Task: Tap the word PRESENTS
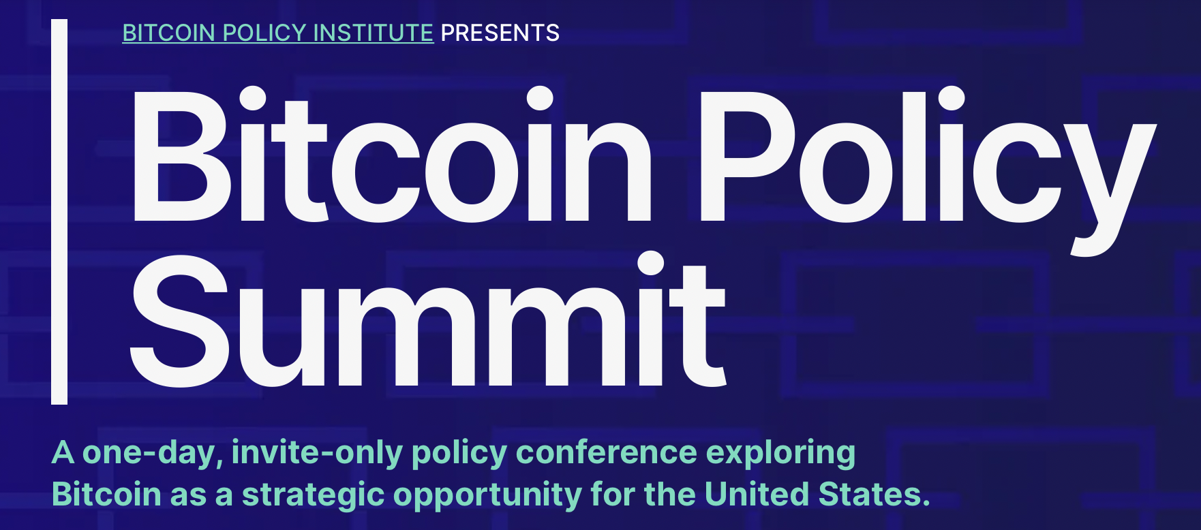click(500, 33)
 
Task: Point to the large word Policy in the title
click(927, 163)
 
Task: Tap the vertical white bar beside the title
click(59, 211)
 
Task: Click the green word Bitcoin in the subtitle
click(106, 495)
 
